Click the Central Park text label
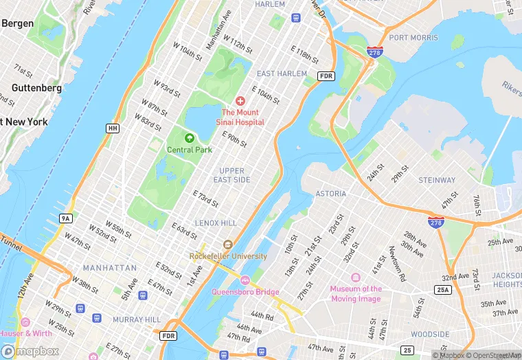click(x=190, y=149)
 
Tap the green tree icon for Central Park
click(x=190, y=138)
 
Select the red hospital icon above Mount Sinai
click(x=240, y=101)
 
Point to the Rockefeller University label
click(x=229, y=256)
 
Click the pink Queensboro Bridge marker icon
click(x=245, y=280)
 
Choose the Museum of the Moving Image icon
click(x=356, y=278)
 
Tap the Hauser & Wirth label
click(x=25, y=333)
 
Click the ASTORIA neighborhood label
click(x=331, y=194)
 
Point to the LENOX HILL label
click(x=216, y=223)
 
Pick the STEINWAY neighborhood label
click(x=437, y=180)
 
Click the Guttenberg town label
click(x=36, y=88)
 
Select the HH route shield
click(x=113, y=128)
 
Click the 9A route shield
click(x=66, y=218)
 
